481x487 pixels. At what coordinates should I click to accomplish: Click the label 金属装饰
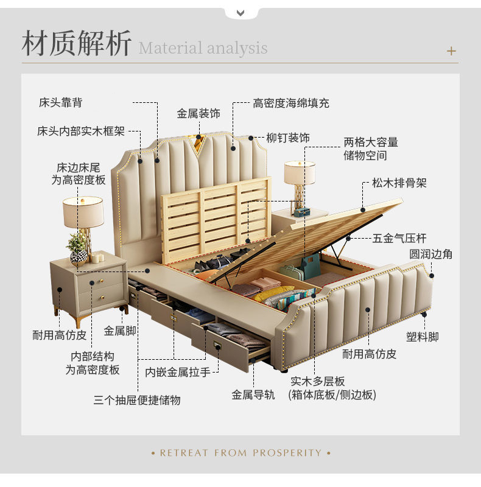(x=198, y=114)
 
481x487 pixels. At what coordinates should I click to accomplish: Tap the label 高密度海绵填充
(x=291, y=103)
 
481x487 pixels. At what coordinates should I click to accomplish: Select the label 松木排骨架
(x=399, y=183)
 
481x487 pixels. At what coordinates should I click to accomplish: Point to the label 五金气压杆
(x=399, y=238)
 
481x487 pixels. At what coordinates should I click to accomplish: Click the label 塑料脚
(x=423, y=337)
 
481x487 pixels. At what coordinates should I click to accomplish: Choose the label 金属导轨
(x=253, y=394)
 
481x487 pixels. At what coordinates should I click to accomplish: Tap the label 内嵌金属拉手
(x=178, y=372)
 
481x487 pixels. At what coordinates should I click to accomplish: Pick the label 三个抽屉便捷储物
(x=137, y=400)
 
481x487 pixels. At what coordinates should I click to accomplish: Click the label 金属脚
(x=120, y=331)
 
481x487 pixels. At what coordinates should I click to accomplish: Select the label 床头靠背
(x=61, y=102)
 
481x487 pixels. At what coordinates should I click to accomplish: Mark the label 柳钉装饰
(x=288, y=138)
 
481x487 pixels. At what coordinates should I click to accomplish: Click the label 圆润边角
(x=430, y=254)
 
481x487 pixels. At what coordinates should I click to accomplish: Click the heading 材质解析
(x=77, y=43)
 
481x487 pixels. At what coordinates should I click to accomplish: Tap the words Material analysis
(x=203, y=48)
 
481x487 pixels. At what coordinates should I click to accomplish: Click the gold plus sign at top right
(x=451, y=51)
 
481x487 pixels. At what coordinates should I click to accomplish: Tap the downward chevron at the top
(x=240, y=13)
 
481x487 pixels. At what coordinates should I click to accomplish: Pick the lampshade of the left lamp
(x=83, y=212)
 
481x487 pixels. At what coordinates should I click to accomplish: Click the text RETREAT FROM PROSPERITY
(x=240, y=453)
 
